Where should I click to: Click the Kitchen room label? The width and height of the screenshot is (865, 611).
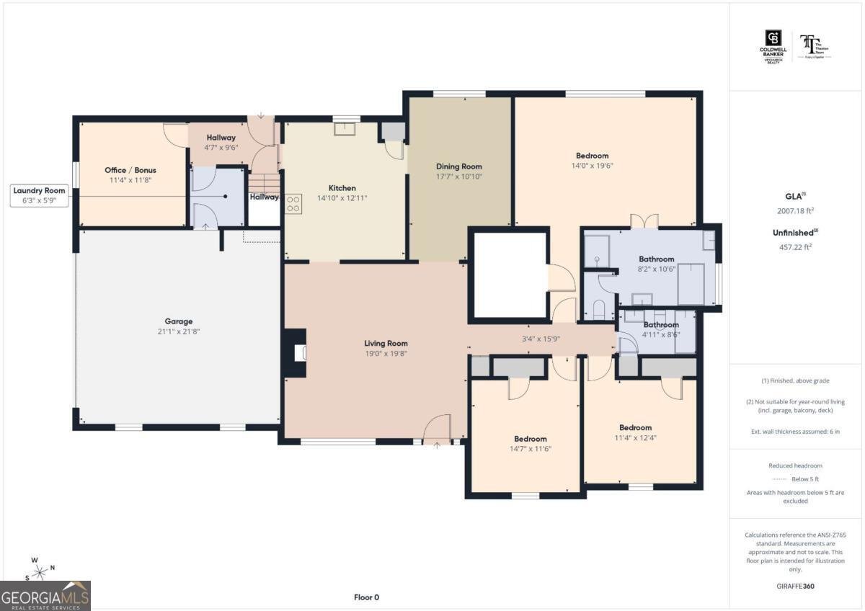pos(342,188)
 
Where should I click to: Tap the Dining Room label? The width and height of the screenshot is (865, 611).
pos(458,166)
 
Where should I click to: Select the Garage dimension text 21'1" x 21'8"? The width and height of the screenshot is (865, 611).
pos(177,331)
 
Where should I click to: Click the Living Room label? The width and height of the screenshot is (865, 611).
pos(386,344)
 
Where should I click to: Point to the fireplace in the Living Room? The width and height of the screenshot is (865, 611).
pos(297,353)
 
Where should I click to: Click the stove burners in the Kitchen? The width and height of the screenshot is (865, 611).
pos(293,204)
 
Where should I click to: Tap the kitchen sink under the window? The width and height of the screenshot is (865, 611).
pos(345,129)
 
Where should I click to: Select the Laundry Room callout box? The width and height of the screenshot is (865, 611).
pos(40,195)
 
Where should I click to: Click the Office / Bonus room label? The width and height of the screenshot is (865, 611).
pos(130,170)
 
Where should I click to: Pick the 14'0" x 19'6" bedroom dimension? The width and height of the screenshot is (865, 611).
pos(592,165)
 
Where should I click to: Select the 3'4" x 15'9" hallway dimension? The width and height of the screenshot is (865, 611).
pos(541,338)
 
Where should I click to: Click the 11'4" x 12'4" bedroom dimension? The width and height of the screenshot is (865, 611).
pos(635,437)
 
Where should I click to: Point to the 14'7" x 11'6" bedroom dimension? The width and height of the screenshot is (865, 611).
pos(530,449)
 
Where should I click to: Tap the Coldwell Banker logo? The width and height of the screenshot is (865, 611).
pos(773,45)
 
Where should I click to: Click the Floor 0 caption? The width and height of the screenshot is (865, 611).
pos(366,597)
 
